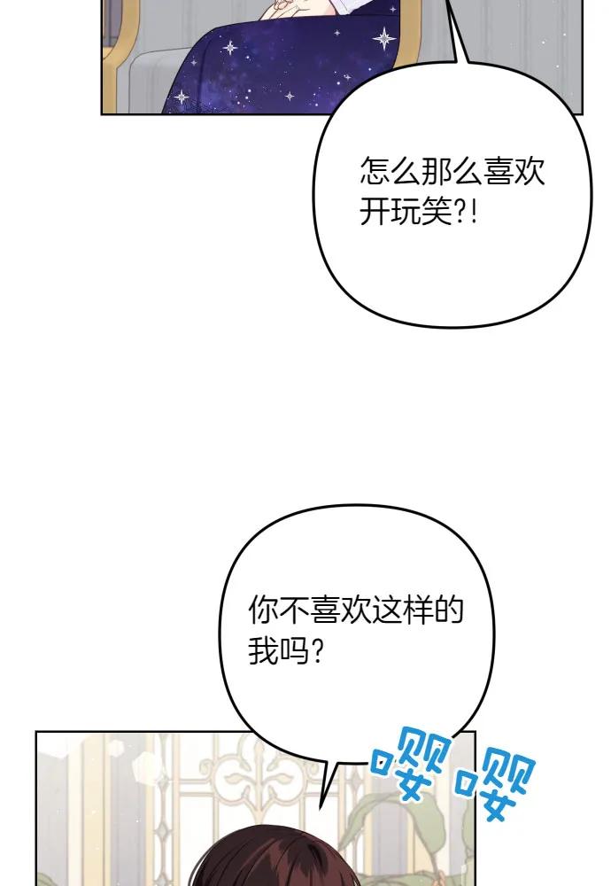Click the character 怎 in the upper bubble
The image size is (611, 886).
pos(375,171)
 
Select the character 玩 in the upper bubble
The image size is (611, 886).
pos(406,213)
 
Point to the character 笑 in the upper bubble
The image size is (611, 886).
pos(437,213)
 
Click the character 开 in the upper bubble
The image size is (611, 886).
pos(375,213)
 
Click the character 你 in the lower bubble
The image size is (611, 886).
pos(263,610)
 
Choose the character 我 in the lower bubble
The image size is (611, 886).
pos(263,653)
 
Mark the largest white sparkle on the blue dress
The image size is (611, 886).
pos(385,38)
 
